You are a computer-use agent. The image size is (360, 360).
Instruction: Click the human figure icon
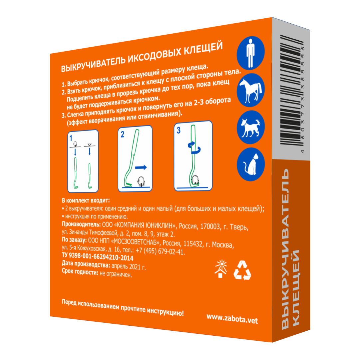coord(250,53)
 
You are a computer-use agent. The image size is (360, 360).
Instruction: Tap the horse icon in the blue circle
coord(250,90)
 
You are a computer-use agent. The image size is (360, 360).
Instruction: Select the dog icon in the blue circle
coord(250,127)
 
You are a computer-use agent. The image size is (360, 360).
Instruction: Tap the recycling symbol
coord(242,270)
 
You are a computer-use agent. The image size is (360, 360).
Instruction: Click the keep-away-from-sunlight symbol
coord(221,269)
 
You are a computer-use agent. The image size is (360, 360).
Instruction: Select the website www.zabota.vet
coord(232,319)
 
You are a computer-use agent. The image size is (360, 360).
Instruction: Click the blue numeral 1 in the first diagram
coord(71,138)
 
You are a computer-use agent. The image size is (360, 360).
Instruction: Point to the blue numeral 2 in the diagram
coord(122,134)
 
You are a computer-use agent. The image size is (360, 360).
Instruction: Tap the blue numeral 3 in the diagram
coord(179,131)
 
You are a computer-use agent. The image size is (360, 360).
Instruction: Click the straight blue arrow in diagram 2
coord(141,167)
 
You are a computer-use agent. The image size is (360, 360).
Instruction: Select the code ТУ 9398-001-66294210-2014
coord(98,256)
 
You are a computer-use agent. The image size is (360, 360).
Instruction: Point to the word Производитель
coord(81,224)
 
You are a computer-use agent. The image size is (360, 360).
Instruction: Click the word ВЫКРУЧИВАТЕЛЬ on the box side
coord(285,249)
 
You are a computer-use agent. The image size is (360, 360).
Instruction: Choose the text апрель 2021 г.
coord(129,266)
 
